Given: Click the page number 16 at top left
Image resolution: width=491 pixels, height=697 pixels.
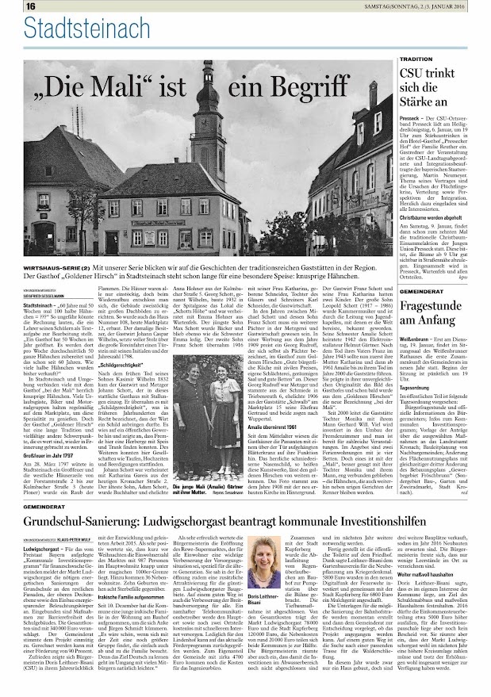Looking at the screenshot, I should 10,6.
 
